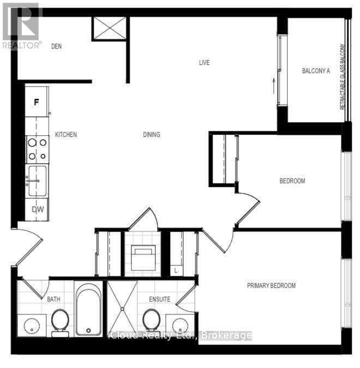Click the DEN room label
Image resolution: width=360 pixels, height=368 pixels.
tap(56, 46)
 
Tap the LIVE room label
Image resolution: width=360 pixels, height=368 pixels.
tap(204, 63)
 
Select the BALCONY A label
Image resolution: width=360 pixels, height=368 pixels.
tap(316, 70)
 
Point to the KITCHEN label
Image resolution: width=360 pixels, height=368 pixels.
tap(65, 135)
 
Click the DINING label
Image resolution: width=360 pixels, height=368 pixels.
tap(152, 135)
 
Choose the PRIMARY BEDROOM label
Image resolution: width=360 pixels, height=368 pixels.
tap(271, 286)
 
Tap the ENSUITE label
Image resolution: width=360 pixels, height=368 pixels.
tap(160, 299)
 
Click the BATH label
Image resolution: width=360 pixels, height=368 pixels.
tap(53, 299)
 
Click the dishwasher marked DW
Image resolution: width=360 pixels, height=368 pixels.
tap(37, 209)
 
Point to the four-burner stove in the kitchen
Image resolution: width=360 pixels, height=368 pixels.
tap(37, 149)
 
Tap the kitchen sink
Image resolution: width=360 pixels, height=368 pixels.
tap(37, 181)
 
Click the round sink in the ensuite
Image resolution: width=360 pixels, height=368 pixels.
tap(179, 325)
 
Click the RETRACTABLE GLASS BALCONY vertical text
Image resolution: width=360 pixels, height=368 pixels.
tap(343, 76)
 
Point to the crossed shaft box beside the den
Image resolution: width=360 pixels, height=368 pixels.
tap(109, 28)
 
